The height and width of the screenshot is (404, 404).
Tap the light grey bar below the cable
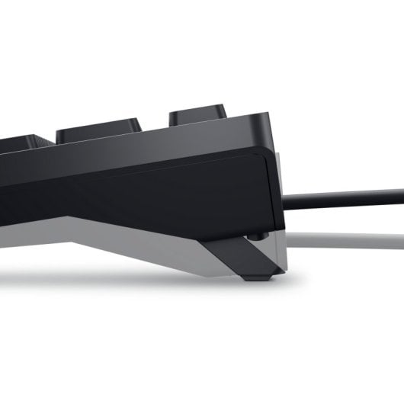[x=343, y=232]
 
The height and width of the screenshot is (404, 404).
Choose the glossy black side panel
[x=152, y=183]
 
